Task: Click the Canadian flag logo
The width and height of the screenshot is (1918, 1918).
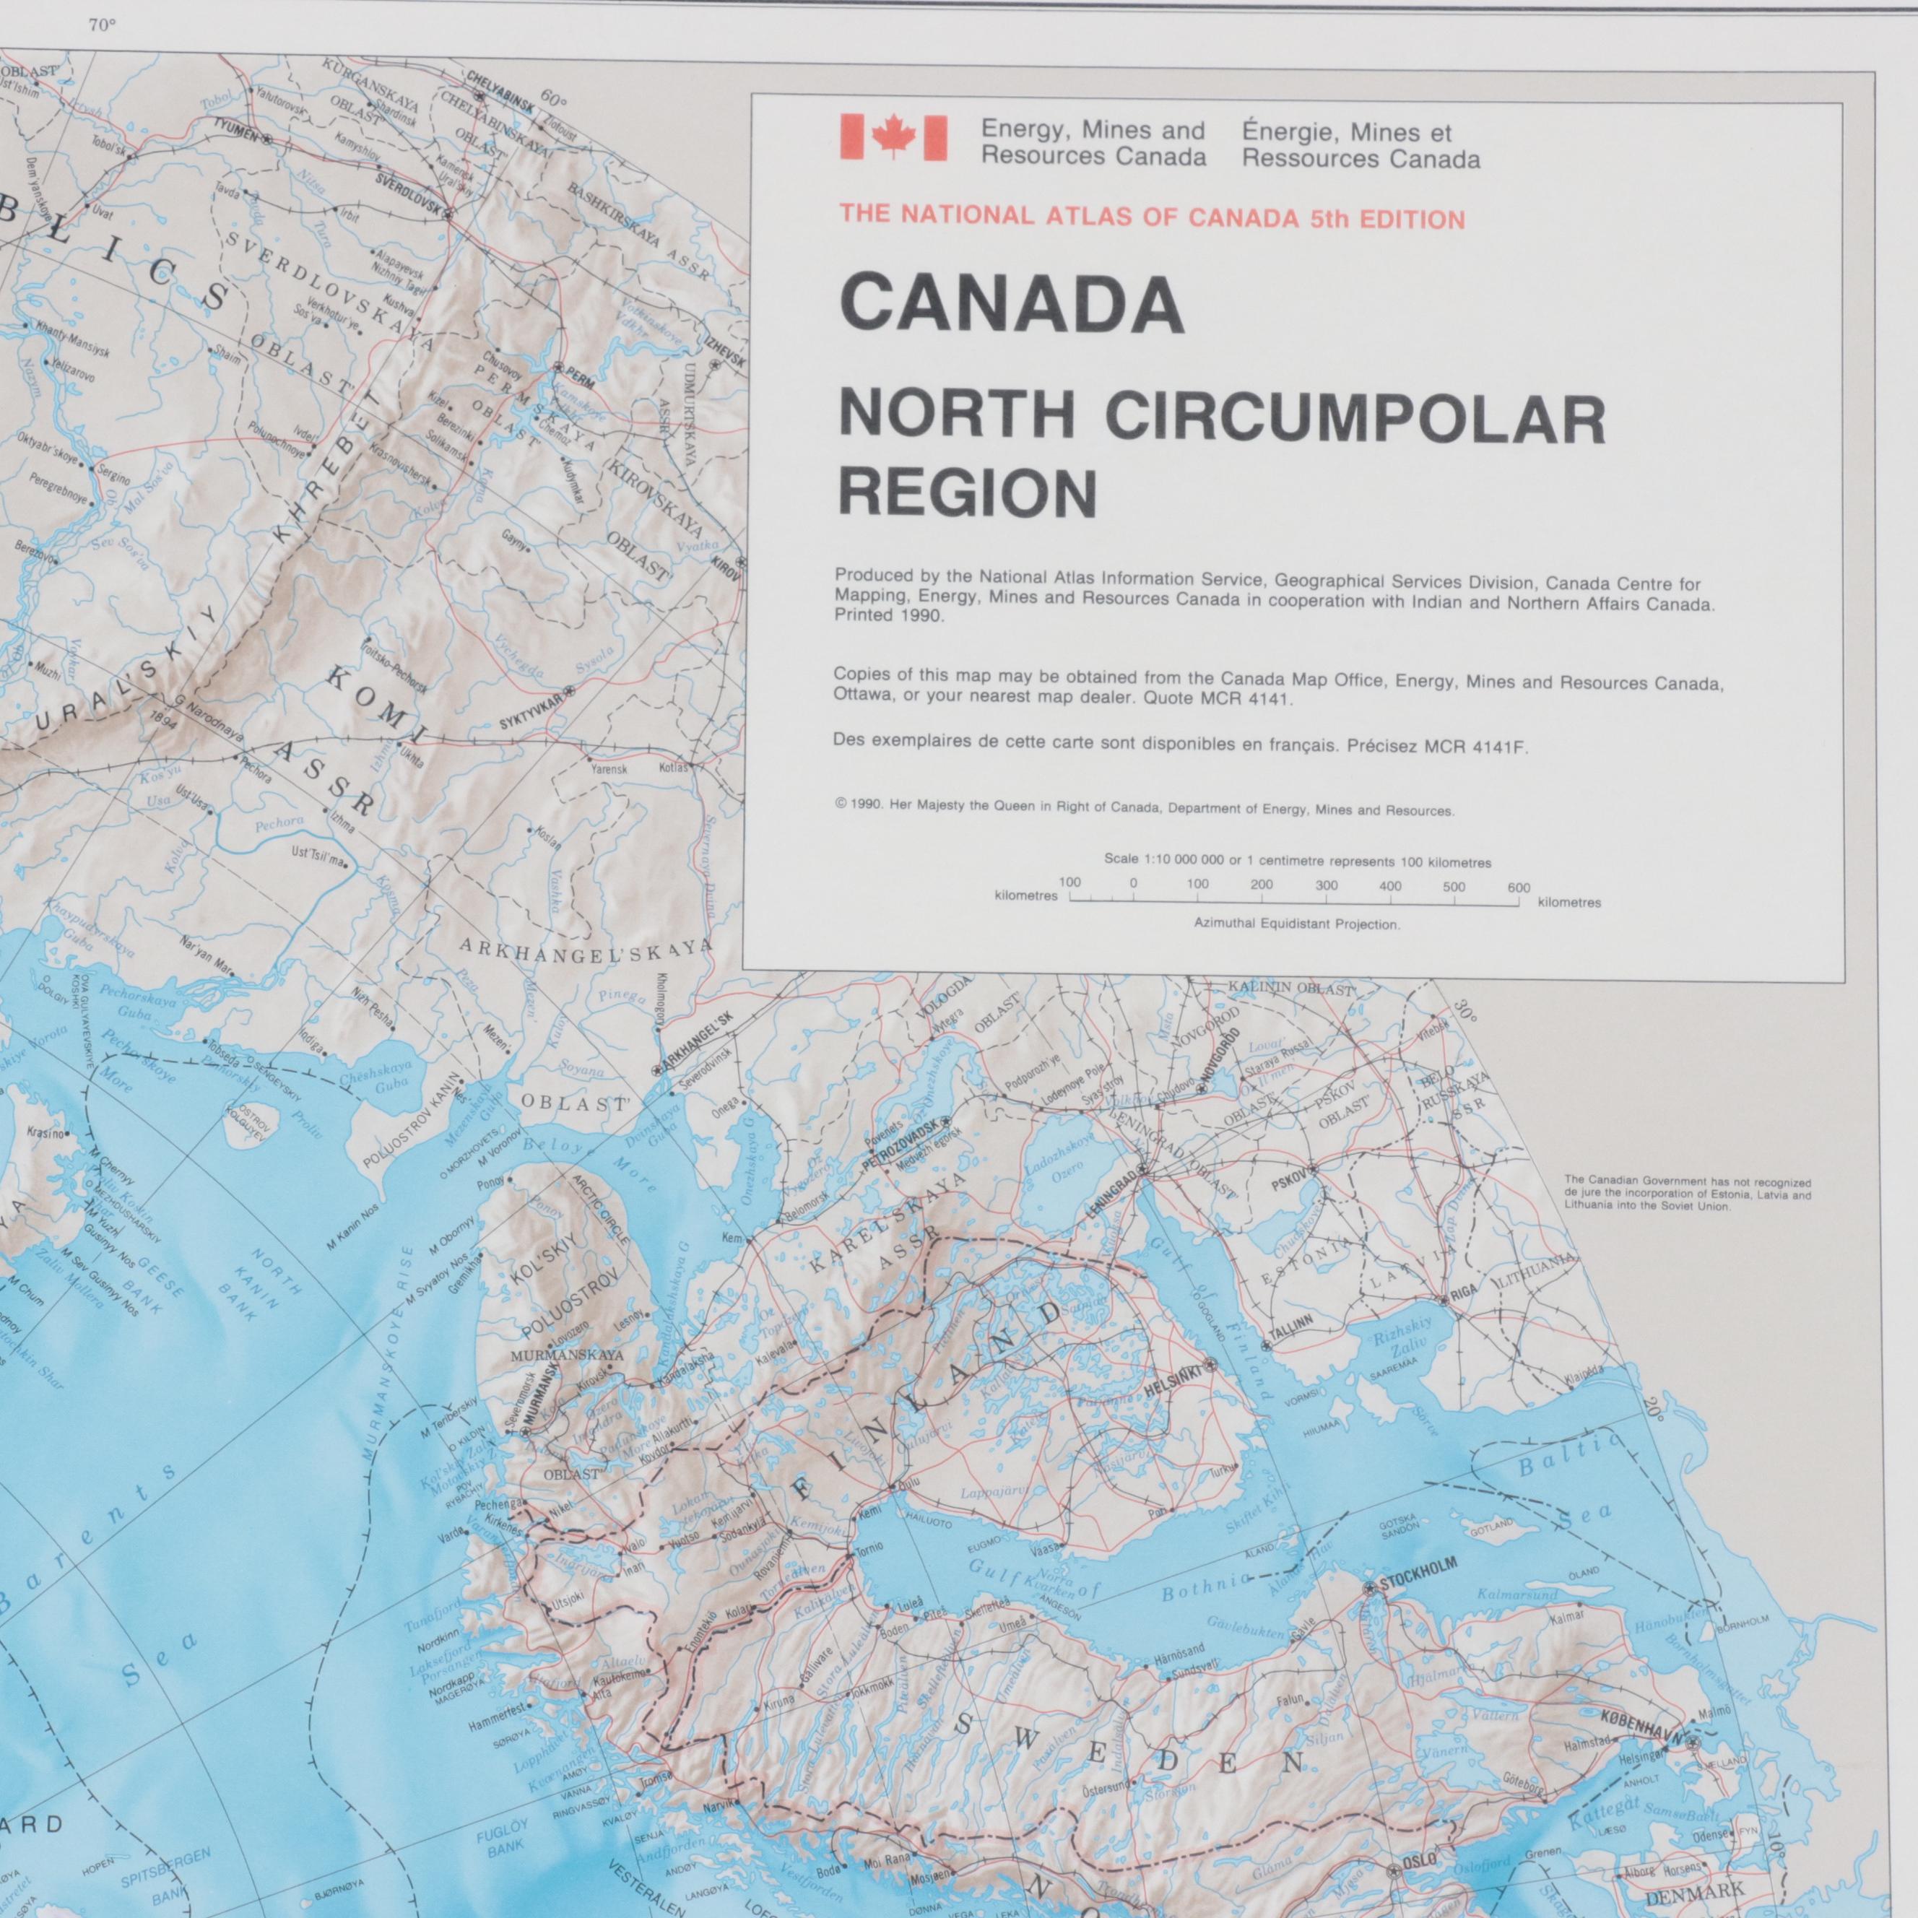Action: coord(893,137)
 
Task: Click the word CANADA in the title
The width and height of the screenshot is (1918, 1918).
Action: coord(1012,305)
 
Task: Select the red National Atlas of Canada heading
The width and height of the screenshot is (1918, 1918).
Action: coord(1152,218)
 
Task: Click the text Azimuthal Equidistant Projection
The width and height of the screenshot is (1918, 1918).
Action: coord(1296,924)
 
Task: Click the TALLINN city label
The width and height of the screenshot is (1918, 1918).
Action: coord(1293,1322)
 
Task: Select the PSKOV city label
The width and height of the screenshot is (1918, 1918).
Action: coord(1288,1184)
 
